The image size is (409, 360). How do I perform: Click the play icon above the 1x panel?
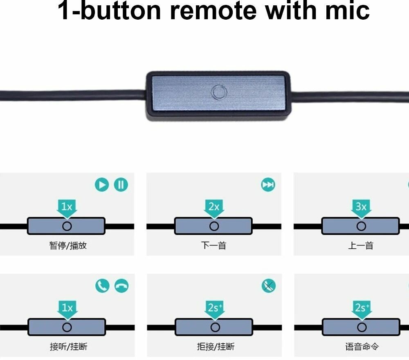(102, 185)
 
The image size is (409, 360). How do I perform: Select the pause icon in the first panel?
(121, 185)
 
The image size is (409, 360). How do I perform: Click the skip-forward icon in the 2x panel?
(268, 185)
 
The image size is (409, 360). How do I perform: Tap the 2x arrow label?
(214, 207)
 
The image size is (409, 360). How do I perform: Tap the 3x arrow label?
(361, 207)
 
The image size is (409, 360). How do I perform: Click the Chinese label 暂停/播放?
(68, 246)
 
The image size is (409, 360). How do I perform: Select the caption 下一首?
(214, 246)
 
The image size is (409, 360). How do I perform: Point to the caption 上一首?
(361, 246)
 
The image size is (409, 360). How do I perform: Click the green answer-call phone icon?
(102, 286)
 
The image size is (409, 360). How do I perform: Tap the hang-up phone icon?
(121, 286)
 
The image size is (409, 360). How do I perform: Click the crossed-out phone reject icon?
(268, 286)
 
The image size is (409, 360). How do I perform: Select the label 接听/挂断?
(68, 347)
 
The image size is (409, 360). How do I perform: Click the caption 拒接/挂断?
(216, 347)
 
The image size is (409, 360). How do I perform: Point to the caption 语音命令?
(362, 347)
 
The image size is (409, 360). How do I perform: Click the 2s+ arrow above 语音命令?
(361, 308)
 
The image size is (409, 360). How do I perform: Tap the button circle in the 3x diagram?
(361, 226)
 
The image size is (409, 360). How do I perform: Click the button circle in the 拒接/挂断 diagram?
(215, 327)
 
